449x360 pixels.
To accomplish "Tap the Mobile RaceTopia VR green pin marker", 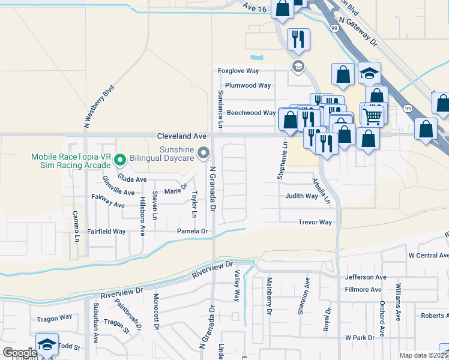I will (119, 160).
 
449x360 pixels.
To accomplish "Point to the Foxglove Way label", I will (238, 71).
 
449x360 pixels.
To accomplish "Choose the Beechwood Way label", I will (251, 113).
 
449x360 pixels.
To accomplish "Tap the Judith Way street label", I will (301, 196).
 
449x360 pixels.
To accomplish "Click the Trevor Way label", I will (315, 222).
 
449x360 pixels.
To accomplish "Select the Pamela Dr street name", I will (192, 231).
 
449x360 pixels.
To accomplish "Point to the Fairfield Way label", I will (107, 231).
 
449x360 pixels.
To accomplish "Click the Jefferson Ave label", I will (366, 277).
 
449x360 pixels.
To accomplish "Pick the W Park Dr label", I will (360, 338).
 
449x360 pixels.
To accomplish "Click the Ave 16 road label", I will (255, 7).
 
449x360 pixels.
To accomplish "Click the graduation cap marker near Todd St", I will (47, 344).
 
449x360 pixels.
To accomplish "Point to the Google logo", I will (19, 353).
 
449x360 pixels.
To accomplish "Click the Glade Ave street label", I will (132, 179).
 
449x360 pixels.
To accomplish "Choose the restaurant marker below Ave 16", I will (298, 40).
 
